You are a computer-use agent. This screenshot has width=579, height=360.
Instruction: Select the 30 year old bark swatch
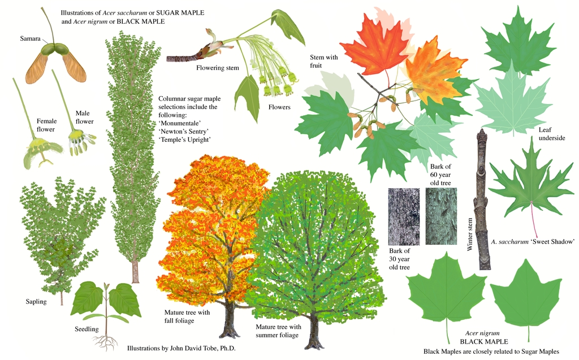404,216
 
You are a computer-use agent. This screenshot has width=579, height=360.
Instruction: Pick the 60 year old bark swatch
441,216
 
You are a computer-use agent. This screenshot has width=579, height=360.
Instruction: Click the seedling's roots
105,341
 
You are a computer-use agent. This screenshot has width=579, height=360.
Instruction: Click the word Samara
30,39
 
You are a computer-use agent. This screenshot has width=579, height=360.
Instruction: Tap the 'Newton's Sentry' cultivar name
184,131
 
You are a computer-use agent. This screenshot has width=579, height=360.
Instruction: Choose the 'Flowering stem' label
218,68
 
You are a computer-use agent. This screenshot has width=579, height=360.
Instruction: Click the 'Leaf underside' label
548,134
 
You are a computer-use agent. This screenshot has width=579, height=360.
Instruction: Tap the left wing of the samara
37,68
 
